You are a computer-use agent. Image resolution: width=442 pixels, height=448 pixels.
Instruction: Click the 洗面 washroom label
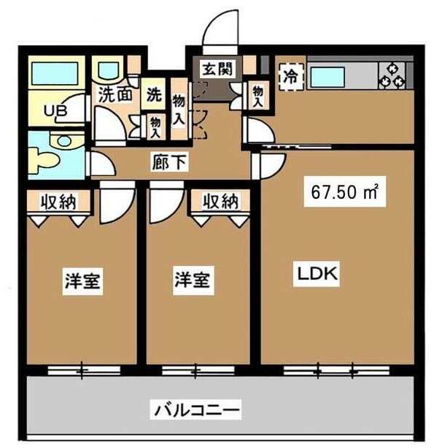point(115,94)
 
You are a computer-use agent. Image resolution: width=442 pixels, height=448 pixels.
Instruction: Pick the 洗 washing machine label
point(154,94)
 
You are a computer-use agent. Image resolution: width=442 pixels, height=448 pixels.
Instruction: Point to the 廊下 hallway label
point(169,162)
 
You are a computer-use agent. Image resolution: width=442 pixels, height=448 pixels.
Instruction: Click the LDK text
point(315,275)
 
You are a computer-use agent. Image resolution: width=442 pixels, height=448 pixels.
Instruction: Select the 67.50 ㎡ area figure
point(343,193)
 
